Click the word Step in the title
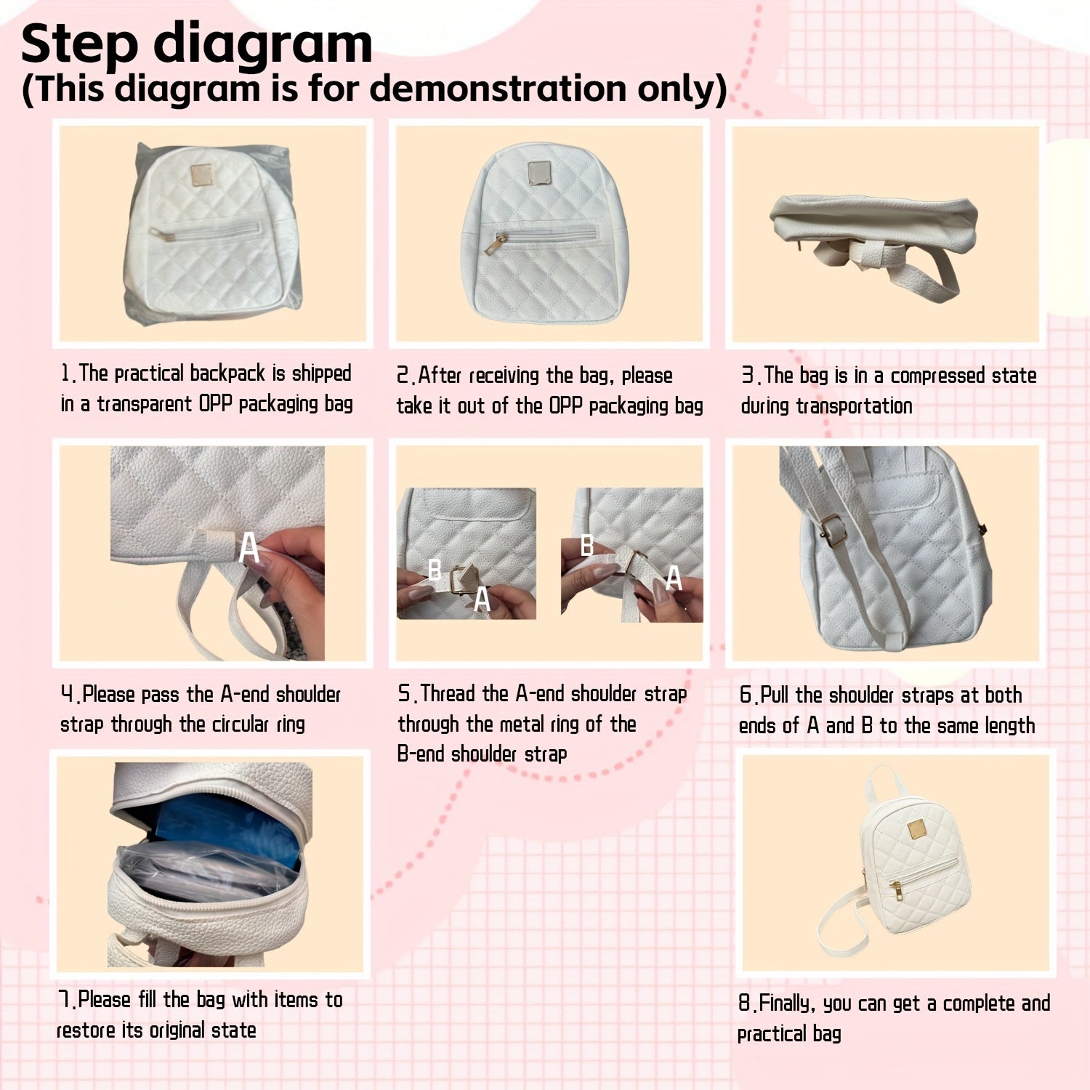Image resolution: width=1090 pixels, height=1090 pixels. pos(79,45)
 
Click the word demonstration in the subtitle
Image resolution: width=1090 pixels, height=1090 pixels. pos(498,89)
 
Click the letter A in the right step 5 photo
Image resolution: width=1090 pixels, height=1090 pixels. pos(674,578)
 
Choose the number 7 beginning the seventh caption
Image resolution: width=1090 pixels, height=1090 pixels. pos(64,999)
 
